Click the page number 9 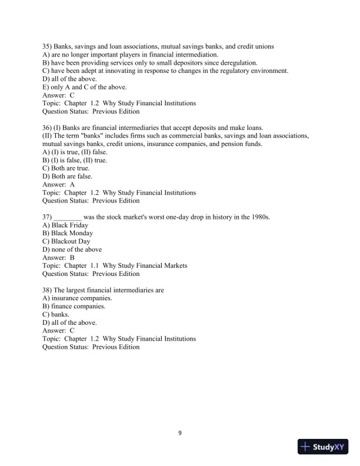tap(180, 434)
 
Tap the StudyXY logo tap(324, 447)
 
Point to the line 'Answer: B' tap(59, 258)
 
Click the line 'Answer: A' tap(59, 184)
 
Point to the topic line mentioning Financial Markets tap(115, 265)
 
